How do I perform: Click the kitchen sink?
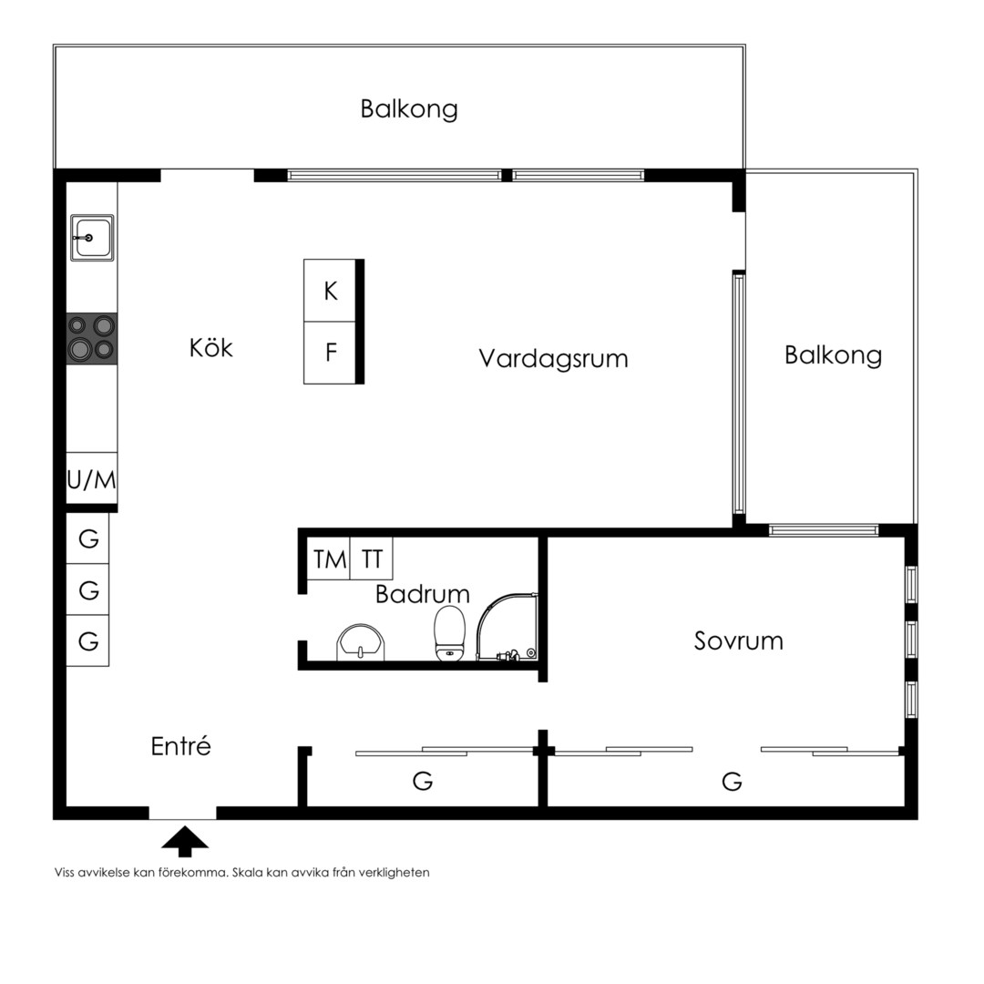(x=92, y=237)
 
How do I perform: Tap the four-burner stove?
(x=92, y=339)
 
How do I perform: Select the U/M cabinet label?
(x=92, y=480)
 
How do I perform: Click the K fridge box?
(x=330, y=291)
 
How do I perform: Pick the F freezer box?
(x=330, y=353)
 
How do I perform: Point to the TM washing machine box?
(x=329, y=559)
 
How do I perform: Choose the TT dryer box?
(x=372, y=559)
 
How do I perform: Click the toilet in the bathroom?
(x=450, y=633)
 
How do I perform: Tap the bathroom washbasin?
(x=361, y=642)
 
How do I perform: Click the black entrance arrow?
(x=184, y=841)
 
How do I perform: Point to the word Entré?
(x=180, y=746)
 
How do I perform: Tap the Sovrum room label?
(x=739, y=641)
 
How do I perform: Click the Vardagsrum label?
(x=553, y=359)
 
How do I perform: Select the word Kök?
(x=210, y=348)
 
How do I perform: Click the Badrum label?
(x=423, y=594)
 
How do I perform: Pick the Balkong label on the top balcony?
(x=409, y=109)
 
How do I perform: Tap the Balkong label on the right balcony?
(x=833, y=356)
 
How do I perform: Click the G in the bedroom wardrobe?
(x=732, y=782)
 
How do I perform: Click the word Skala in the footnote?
(x=248, y=872)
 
